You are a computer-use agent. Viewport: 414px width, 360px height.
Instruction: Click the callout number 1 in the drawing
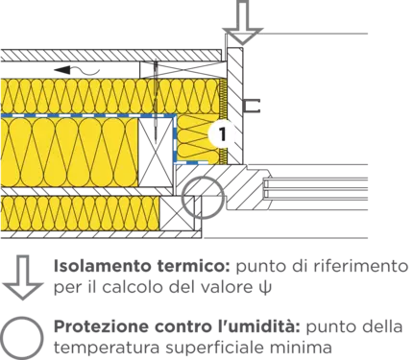(223, 134)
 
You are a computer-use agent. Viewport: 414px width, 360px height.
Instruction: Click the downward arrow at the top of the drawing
(243, 22)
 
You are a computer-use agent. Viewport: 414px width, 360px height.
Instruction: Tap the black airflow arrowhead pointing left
(61, 69)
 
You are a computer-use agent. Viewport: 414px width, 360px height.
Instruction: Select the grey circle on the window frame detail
(203, 197)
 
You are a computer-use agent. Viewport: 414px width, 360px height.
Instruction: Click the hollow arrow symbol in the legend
(22, 277)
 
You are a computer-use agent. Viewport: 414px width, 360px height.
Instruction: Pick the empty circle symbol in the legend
(21, 338)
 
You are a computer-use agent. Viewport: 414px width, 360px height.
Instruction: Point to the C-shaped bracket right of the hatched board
(252, 106)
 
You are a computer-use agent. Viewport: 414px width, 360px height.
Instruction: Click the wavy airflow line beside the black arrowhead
(85, 70)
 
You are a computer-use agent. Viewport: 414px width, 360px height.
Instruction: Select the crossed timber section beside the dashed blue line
(156, 152)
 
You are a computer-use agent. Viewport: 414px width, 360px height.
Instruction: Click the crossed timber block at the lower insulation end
(177, 212)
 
